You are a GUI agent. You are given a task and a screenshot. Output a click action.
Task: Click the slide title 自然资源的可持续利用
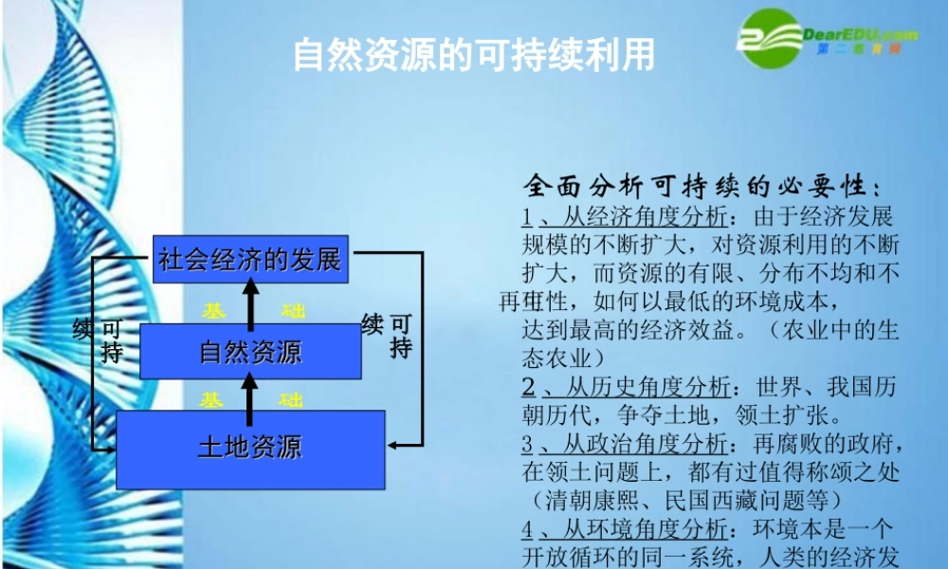[473, 55]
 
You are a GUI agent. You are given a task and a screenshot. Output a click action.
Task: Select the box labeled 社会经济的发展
[251, 258]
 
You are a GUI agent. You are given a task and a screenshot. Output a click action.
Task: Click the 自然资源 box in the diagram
[250, 351]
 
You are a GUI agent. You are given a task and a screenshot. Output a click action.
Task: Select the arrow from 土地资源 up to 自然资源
[250, 395]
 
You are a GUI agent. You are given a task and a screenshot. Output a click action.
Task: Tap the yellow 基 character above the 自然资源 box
[214, 311]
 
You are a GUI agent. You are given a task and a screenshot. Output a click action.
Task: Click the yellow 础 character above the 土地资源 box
[291, 400]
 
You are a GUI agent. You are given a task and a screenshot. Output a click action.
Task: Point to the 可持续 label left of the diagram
[100, 340]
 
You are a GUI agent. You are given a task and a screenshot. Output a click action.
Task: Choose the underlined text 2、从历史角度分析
[627, 387]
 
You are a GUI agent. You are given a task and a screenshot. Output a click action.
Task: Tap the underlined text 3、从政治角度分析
[627, 444]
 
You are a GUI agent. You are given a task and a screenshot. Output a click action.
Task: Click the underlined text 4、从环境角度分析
[627, 528]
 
